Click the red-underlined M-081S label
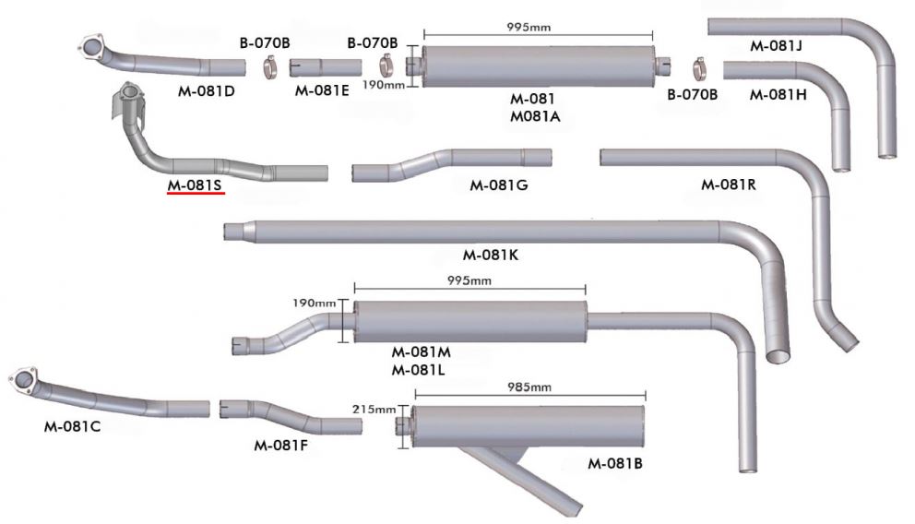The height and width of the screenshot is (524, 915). (195, 185)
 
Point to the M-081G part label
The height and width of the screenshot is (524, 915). (499, 185)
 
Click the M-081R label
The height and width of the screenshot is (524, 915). (729, 184)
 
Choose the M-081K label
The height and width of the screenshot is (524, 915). (491, 255)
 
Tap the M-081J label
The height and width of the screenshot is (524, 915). (776, 45)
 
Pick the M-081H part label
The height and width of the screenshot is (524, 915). (778, 94)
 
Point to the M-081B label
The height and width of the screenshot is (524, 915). (615, 463)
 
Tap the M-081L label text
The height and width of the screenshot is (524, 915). (421, 370)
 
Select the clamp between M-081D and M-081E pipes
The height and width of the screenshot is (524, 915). (268, 67)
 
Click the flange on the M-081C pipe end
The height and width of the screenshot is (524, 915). (23, 379)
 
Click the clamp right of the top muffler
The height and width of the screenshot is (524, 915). (699, 67)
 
